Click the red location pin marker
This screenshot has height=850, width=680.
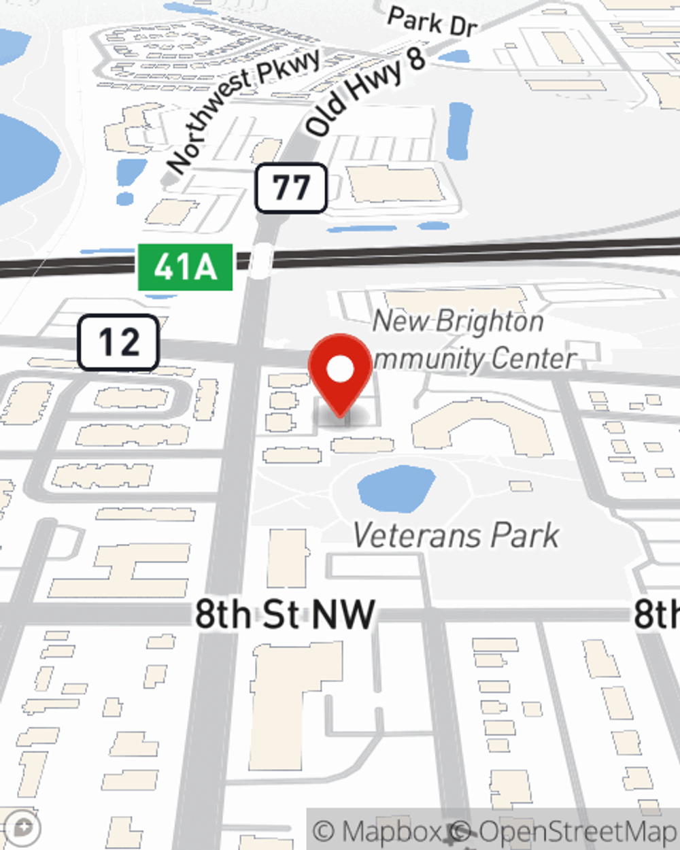[x=340, y=371]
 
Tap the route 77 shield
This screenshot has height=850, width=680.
[x=291, y=188]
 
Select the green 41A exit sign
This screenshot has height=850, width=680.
[x=185, y=267]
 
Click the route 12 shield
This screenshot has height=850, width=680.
[x=118, y=342]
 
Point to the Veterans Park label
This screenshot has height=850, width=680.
[x=456, y=535]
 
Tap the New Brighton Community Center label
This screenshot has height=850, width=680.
[x=469, y=340]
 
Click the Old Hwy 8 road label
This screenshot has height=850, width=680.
[x=365, y=91]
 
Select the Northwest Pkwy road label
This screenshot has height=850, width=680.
[x=243, y=111]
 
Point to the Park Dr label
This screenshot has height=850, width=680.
[x=432, y=22]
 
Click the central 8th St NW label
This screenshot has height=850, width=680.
[x=285, y=614]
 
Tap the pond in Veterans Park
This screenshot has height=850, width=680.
[x=396, y=488]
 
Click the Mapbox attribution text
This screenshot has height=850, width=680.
[x=379, y=831]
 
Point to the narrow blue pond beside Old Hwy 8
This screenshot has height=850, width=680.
[x=460, y=129]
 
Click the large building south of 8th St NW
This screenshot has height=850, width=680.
[x=292, y=700]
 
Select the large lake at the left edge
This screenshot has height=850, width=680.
[x=24, y=160]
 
